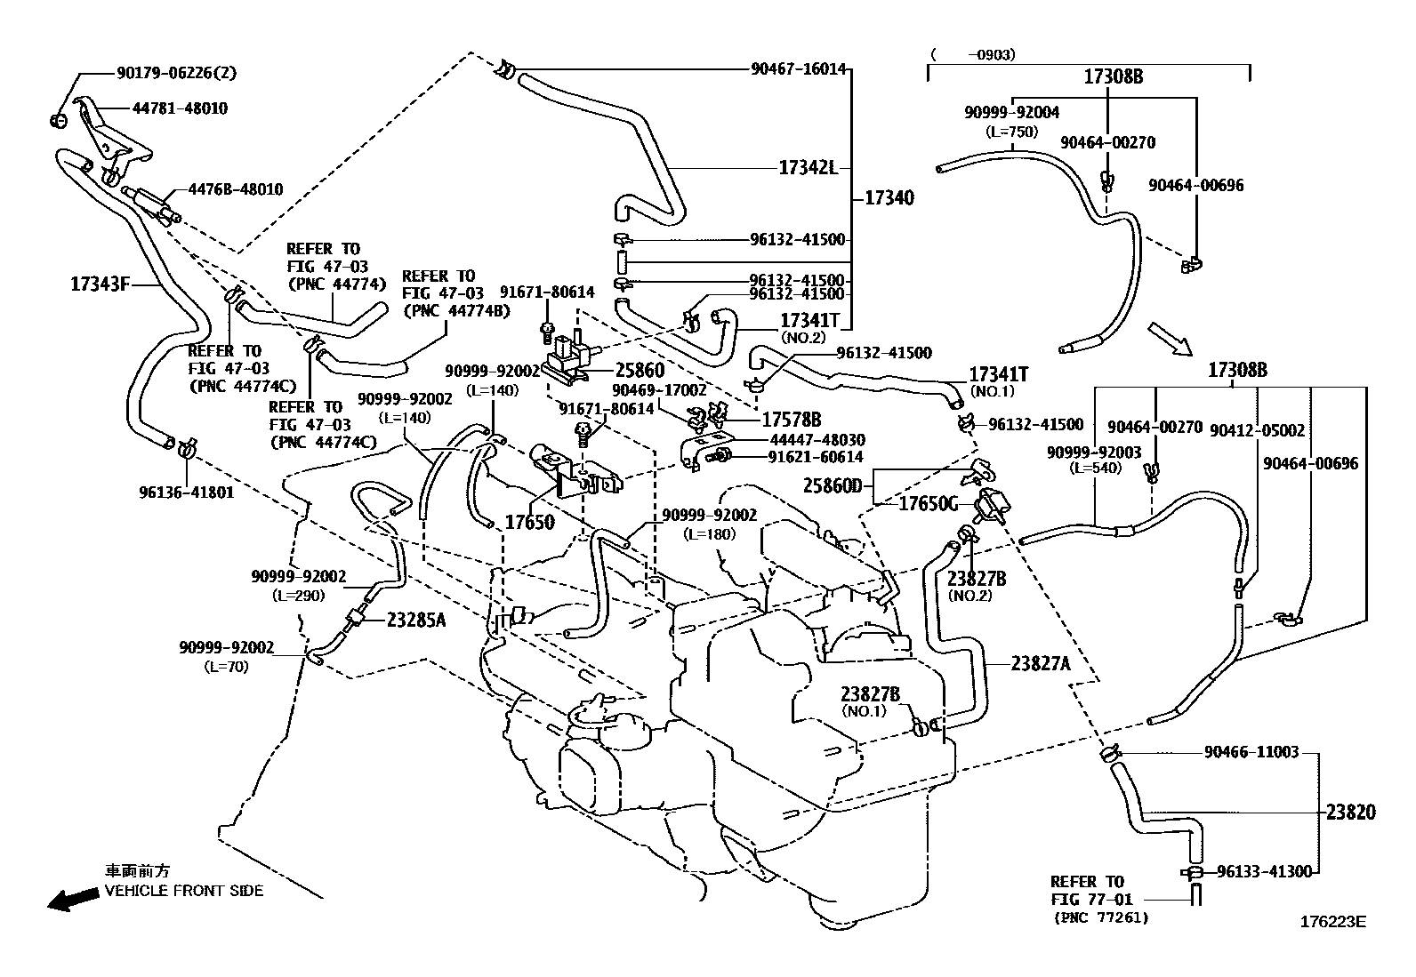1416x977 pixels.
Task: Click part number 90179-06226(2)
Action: pos(176,73)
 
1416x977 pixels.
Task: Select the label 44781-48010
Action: pos(180,108)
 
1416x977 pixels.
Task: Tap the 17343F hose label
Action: pos(100,284)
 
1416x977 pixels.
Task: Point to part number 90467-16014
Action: pos(799,68)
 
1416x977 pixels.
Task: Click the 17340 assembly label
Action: pos(889,198)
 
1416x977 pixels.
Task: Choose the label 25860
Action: pos(640,371)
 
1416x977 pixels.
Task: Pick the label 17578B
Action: pos(792,420)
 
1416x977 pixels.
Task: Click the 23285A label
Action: pos(416,621)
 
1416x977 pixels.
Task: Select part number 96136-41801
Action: pos(187,493)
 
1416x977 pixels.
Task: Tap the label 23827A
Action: pos(1041,663)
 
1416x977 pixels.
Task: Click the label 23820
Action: pos(1351,812)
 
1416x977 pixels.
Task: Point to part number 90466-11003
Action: pos(1251,752)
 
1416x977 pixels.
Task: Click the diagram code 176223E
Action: pos(1332,922)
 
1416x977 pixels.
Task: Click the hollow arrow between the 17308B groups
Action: pos(1171,339)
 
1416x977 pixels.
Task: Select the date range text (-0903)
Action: pos(973,55)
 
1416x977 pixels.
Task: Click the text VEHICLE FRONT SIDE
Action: pos(184,891)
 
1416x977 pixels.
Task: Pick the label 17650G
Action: pos(928,504)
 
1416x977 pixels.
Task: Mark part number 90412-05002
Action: pos(1258,430)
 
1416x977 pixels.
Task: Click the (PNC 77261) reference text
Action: pos(1101,917)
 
